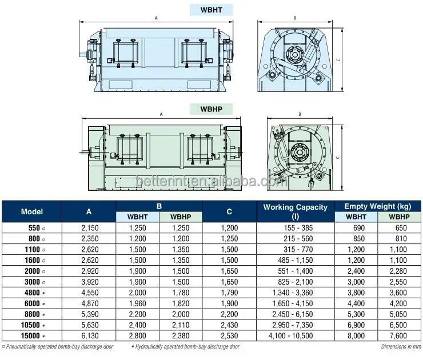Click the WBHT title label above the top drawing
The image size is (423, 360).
click(x=212, y=10)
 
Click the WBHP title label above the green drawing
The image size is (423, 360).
click(x=212, y=109)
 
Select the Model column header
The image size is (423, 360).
click(x=32, y=211)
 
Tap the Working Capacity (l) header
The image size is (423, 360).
click(x=296, y=211)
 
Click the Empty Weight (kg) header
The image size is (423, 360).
click(x=378, y=206)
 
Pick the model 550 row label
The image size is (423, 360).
click(x=34, y=228)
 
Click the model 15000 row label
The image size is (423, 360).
click(x=30, y=336)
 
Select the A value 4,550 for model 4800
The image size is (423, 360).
click(x=90, y=293)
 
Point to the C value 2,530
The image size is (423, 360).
click(x=229, y=336)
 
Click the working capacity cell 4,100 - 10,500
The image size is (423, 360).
click(x=290, y=336)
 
